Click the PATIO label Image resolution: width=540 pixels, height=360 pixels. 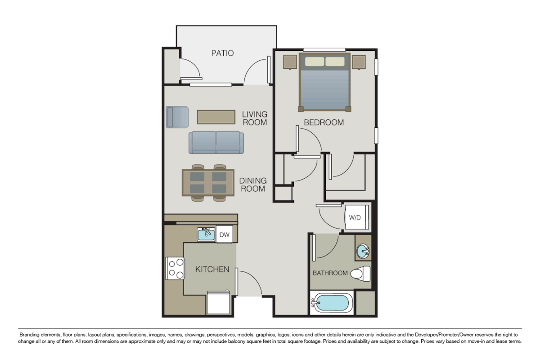(x=222, y=53)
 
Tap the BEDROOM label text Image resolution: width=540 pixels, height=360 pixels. (x=324, y=122)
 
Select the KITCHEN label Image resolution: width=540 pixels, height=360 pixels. (x=212, y=270)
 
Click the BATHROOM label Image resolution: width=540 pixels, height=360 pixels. (x=330, y=273)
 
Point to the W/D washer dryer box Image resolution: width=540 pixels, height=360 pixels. (x=355, y=217)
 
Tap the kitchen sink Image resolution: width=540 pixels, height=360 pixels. (x=207, y=234)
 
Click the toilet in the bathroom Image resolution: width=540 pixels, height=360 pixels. (x=361, y=273)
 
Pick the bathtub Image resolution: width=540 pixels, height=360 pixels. (x=332, y=303)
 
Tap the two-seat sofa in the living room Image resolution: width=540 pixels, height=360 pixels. (x=216, y=142)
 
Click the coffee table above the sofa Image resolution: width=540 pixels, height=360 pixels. (x=216, y=117)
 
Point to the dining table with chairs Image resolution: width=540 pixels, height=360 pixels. (x=208, y=182)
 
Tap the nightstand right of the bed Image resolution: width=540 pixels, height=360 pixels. (x=359, y=62)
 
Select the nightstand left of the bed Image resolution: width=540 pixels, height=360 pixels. (x=290, y=62)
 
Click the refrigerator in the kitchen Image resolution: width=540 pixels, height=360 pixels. (x=218, y=303)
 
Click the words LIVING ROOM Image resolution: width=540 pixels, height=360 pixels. (x=255, y=118)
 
